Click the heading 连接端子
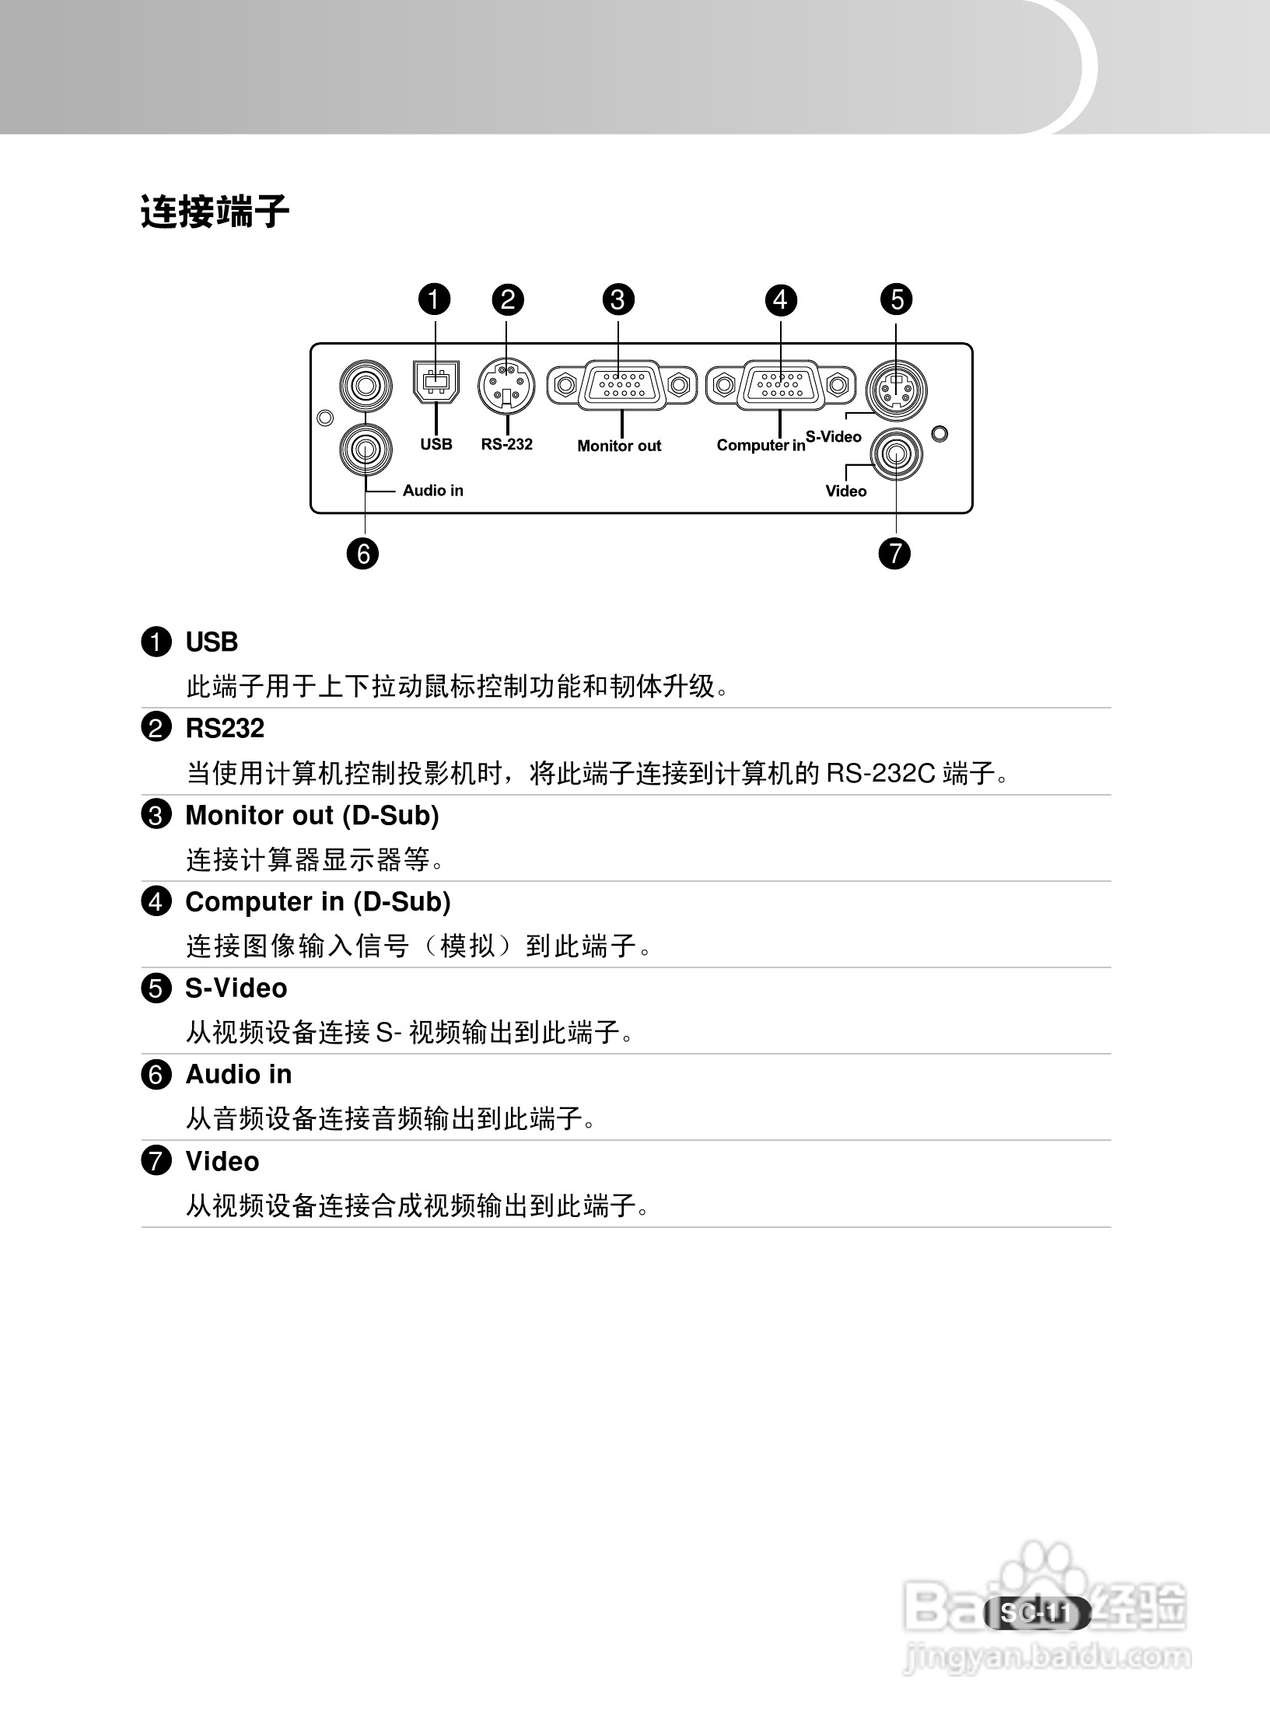(215, 212)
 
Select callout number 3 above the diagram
(618, 299)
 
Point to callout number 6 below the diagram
(363, 554)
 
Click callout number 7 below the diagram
(894, 553)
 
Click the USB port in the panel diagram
(436, 381)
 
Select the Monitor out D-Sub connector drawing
(621, 384)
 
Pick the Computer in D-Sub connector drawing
(780, 384)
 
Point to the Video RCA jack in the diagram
(896, 455)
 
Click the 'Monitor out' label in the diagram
(619, 446)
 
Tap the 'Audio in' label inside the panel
(432, 490)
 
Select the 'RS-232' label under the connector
(506, 444)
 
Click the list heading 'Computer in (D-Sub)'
(318, 901)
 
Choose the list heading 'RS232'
(225, 729)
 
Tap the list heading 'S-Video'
(236, 988)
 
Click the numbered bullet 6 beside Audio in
(156, 1076)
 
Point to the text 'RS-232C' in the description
(880, 774)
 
